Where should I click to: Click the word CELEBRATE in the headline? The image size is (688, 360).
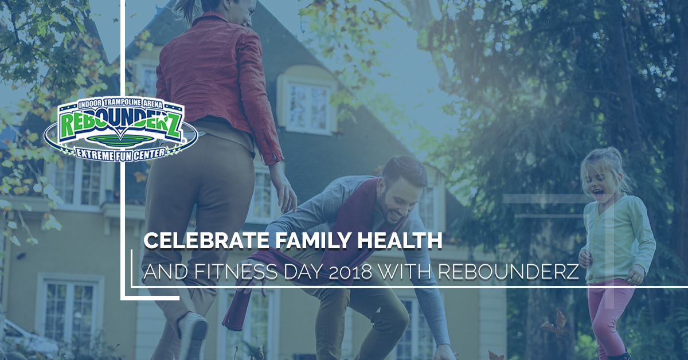click(205, 241)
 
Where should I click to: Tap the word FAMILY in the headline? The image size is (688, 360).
click(311, 241)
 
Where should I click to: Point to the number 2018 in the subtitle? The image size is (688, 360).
click(350, 272)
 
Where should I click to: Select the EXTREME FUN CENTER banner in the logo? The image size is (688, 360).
click(121, 152)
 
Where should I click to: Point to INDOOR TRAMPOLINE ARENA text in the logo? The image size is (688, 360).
click(120, 104)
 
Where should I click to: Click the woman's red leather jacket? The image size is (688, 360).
click(218, 83)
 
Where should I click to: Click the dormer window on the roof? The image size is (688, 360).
click(308, 107)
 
